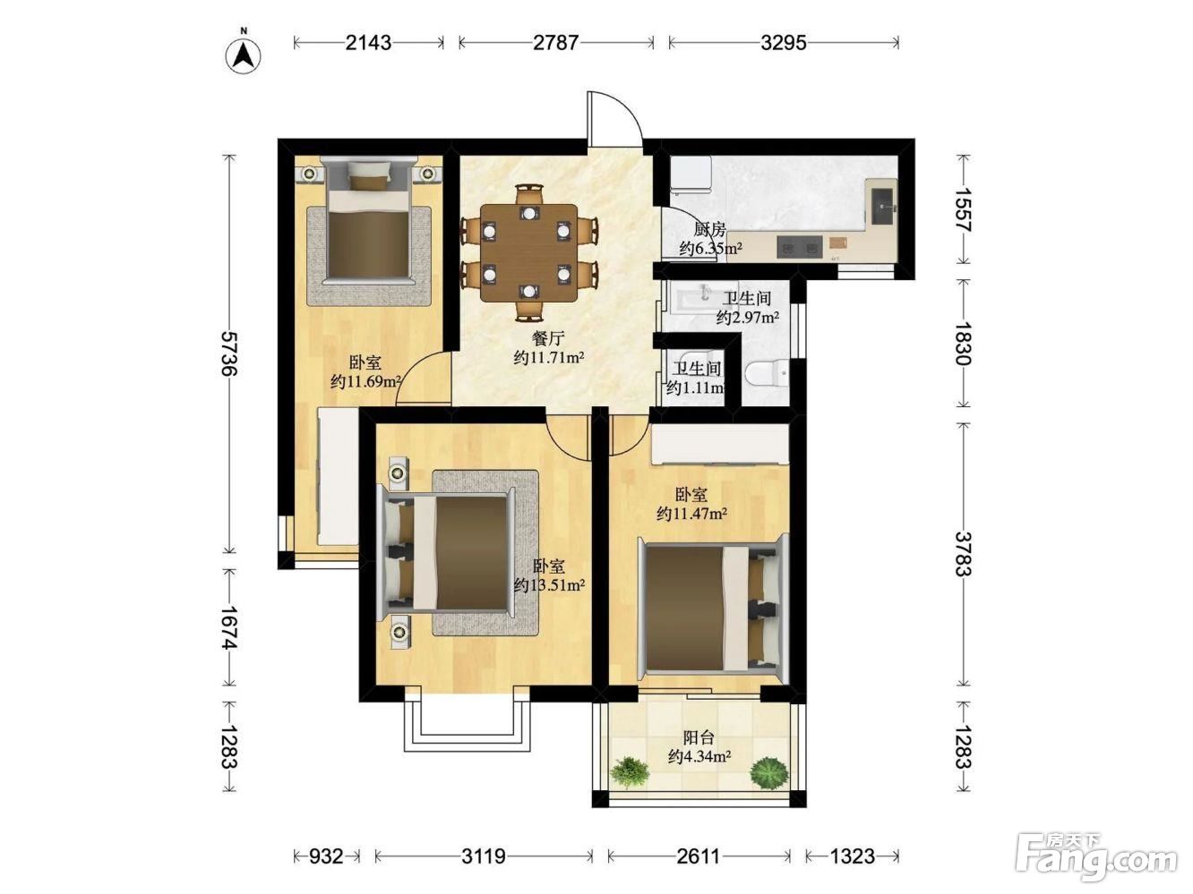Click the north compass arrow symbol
click(x=243, y=55)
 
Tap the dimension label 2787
click(x=555, y=42)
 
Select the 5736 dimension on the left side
click(x=230, y=353)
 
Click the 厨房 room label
click(x=710, y=230)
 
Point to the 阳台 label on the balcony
click(x=699, y=737)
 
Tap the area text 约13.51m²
click(x=550, y=585)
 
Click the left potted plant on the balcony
click(x=630, y=771)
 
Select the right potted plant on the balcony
click(x=768, y=772)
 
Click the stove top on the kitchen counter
click(x=800, y=248)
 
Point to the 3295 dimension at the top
click(x=783, y=42)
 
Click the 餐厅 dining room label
click(x=548, y=338)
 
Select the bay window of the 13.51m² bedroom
click(x=467, y=722)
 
